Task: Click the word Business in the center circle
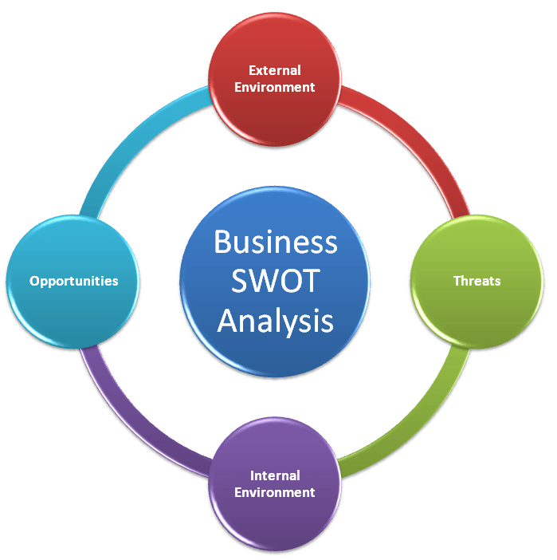tap(275, 242)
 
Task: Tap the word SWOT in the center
tap(275, 281)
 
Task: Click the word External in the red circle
tap(274, 70)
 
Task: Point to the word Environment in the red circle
tap(274, 87)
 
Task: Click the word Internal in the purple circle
tap(274, 475)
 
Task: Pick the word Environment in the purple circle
tap(274, 492)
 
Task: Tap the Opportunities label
tap(73, 281)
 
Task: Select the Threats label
tap(477, 281)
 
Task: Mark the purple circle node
tap(274, 519)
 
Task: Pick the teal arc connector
tap(135, 144)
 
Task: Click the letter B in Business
tap(222, 242)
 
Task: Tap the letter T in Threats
tap(457, 281)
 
